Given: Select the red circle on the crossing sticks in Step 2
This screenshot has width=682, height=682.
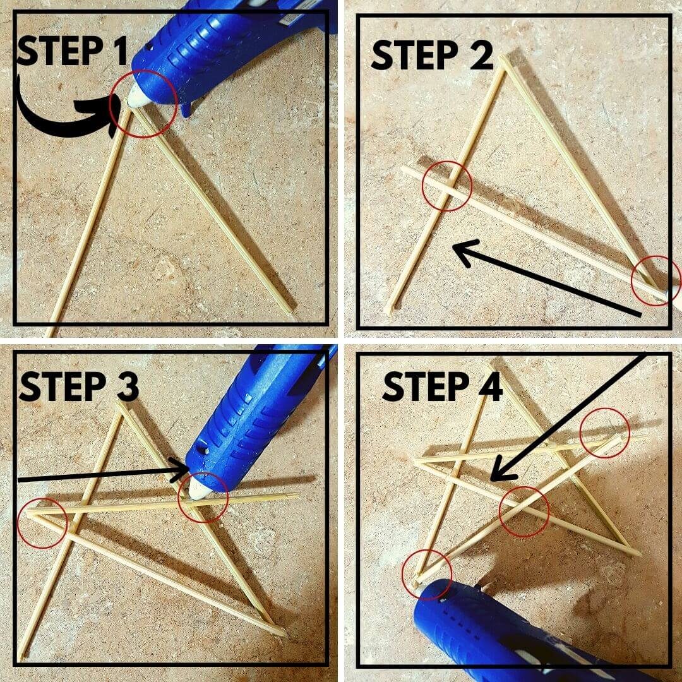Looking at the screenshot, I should pyautogui.click(x=447, y=186).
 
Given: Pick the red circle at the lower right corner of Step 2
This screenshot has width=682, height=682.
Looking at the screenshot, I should pyautogui.click(x=656, y=280).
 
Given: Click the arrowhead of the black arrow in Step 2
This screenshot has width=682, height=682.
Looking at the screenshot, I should pyautogui.click(x=461, y=250).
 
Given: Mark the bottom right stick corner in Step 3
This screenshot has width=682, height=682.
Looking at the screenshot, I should pyautogui.click(x=282, y=631).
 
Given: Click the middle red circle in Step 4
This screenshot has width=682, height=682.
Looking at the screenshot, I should pyautogui.click(x=524, y=511).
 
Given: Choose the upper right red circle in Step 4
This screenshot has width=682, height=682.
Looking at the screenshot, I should pyautogui.click(x=604, y=432).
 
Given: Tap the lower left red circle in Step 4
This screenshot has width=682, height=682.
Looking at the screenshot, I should pyautogui.click(x=427, y=571).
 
